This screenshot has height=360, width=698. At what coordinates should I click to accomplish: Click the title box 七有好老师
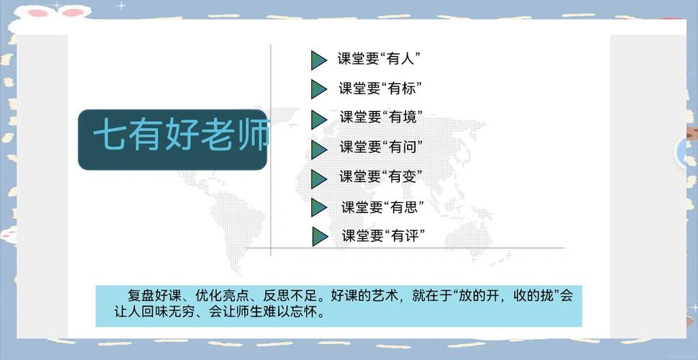[x=172, y=140]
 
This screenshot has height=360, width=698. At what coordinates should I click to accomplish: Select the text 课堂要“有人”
[x=380, y=59]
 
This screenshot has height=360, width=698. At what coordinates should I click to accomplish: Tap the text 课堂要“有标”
[x=380, y=89]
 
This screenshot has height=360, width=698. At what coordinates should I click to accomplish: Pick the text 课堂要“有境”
[x=381, y=117]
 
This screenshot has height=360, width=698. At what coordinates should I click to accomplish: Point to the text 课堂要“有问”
[x=381, y=147]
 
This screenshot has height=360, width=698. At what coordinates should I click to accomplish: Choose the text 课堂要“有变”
[x=380, y=176]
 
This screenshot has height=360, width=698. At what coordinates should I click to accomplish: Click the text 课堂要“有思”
[x=382, y=207]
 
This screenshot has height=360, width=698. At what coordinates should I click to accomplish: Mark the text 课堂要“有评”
[x=383, y=235]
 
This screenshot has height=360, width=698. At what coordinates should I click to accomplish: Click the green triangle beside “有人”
[x=318, y=60]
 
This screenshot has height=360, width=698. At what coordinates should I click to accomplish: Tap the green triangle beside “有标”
[x=318, y=89]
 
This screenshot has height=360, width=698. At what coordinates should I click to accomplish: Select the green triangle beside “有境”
[x=318, y=120]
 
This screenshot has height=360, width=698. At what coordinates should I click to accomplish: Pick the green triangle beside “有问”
[x=318, y=150]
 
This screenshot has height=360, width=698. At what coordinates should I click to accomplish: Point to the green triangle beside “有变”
[x=318, y=179]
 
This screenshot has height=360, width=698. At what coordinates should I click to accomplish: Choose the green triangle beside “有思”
[x=318, y=207]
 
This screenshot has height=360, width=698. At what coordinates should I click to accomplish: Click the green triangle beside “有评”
[x=320, y=236]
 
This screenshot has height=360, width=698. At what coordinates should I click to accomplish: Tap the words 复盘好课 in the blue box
[x=154, y=296]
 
